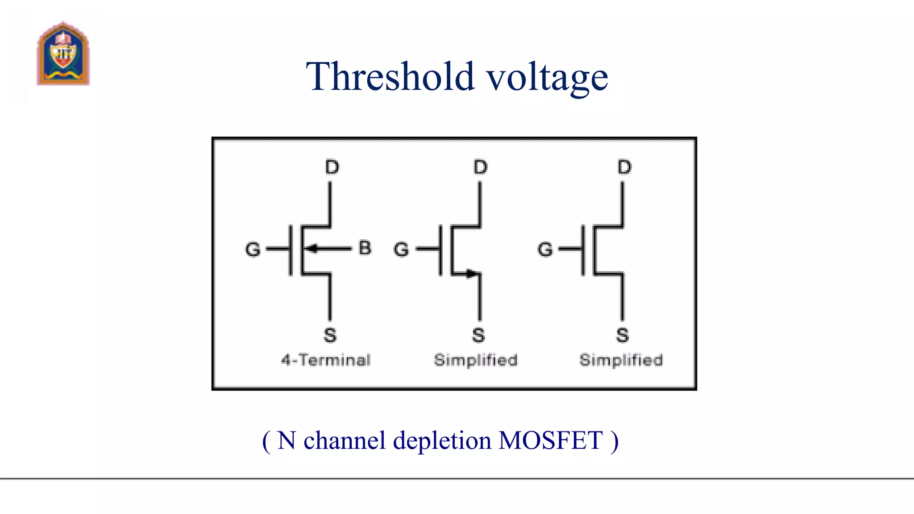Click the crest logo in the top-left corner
coord(63,54)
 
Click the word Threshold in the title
coord(390,77)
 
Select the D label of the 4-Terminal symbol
coord(332,167)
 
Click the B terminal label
coord(365,248)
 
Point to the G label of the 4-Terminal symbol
coord(253,249)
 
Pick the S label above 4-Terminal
coord(330,335)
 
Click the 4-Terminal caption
coord(326,360)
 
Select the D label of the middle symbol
coord(480,167)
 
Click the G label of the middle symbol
coord(401,249)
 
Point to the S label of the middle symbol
coord(478,335)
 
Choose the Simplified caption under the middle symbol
coord(476,360)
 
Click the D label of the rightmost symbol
coord(624,167)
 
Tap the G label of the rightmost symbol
coord(545,249)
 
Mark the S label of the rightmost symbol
coord(623,335)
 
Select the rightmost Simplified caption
coord(621,360)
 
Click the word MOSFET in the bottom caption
coord(551,440)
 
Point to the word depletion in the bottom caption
coord(442,441)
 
